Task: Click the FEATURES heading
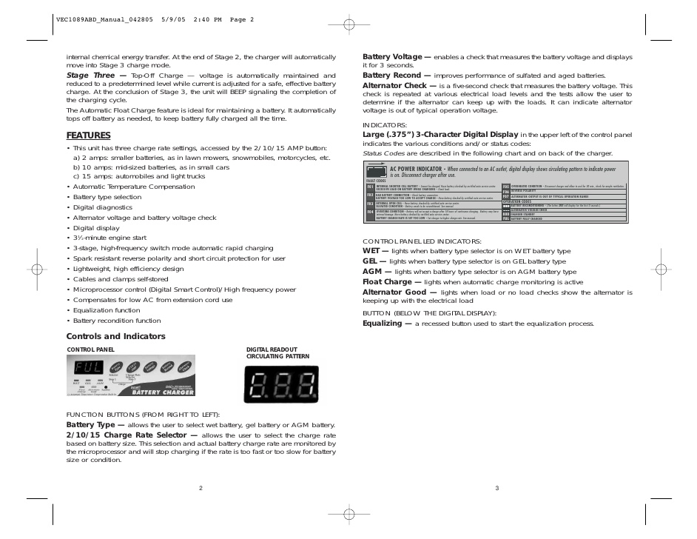(88, 135)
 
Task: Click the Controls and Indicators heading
(116, 336)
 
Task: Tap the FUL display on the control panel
(88, 367)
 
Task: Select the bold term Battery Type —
(95, 424)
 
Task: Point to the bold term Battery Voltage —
(397, 56)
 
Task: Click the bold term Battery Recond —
(397, 76)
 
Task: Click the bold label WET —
(375, 251)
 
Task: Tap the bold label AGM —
(376, 272)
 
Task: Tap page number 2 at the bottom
(201, 488)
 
